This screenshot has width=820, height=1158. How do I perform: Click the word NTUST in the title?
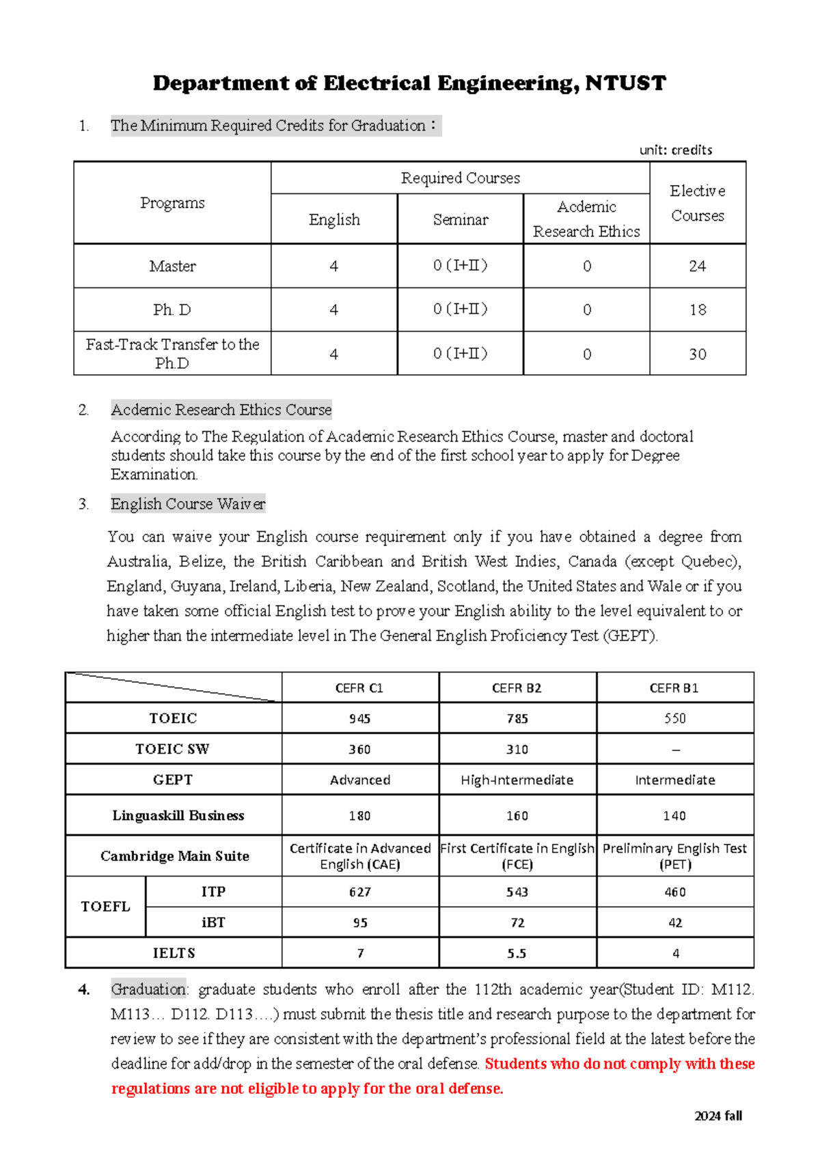[625, 83]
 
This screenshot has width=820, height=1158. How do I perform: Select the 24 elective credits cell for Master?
[697, 266]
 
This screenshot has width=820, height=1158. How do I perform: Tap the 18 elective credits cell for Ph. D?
[697, 310]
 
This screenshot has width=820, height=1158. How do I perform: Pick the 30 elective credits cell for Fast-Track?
[697, 354]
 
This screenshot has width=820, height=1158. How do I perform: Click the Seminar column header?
[461, 220]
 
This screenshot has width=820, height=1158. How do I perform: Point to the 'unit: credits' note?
[675, 150]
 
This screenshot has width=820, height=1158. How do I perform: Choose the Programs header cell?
[172, 203]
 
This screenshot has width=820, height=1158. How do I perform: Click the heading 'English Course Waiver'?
[188, 504]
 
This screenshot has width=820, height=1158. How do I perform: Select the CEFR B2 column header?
[517, 688]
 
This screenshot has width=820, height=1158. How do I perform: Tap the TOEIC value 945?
[359, 718]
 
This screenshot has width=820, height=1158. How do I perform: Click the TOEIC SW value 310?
[517, 749]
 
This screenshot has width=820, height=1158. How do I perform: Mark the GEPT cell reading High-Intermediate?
[517, 780]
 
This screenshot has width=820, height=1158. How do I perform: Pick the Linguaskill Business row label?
[178, 815]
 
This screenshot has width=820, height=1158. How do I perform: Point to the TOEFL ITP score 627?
[359, 892]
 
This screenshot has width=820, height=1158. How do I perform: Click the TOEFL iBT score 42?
[675, 922]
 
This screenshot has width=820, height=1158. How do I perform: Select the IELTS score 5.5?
[517, 953]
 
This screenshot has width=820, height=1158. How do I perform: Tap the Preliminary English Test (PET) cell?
[674, 856]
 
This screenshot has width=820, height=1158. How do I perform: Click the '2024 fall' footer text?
[717, 1116]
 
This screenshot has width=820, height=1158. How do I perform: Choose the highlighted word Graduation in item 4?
[148, 989]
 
